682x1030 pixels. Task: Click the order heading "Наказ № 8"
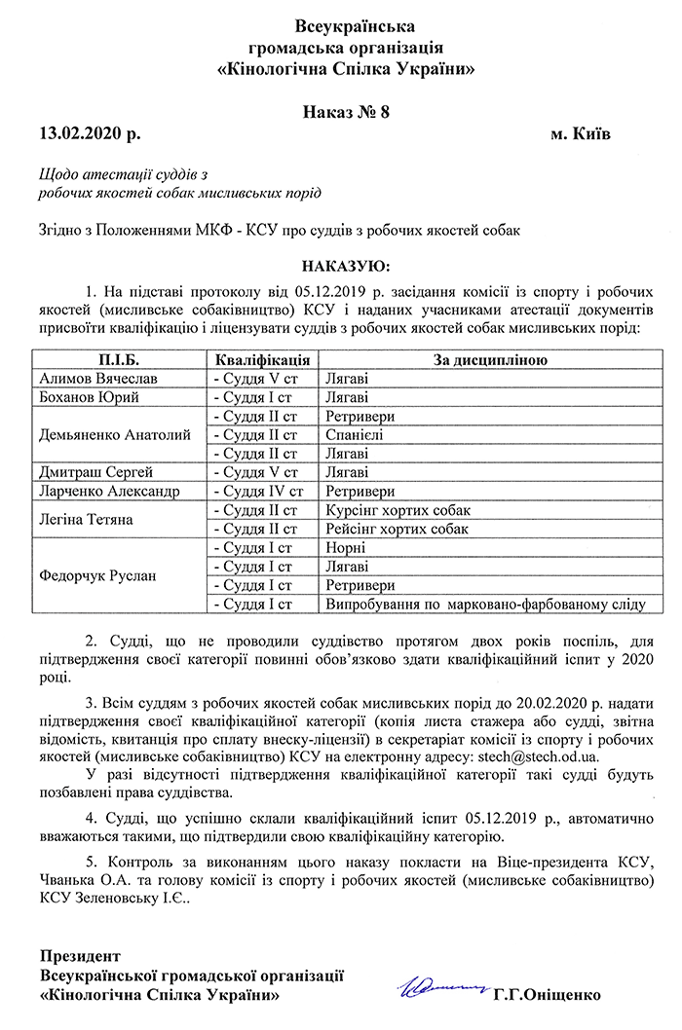point(346,111)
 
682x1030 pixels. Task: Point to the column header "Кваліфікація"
point(262,360)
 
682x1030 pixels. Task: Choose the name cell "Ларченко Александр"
point(109,492)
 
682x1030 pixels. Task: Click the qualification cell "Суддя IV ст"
point(264,492)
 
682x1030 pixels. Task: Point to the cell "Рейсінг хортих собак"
point(398,529)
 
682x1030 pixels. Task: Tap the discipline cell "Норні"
point(347,547)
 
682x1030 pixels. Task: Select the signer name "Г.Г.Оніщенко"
point(547,995)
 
